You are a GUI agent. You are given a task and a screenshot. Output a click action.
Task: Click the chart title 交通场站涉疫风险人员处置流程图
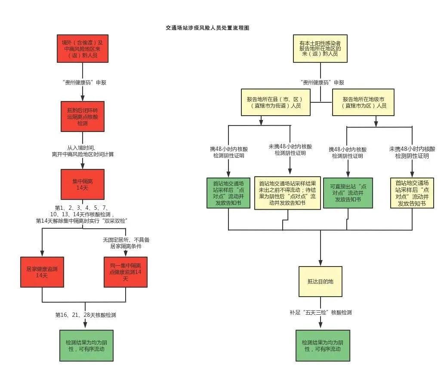(x=207, y=28)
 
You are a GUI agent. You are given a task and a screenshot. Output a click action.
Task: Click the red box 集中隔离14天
(x=82, y=184)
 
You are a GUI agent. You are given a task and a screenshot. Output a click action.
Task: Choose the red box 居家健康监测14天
(x=42, y=272)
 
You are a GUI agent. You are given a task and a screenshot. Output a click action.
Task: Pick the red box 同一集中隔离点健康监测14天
(x=125, y=272)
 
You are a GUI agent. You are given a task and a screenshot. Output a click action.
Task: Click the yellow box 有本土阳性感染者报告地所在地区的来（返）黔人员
(x=321, y=49)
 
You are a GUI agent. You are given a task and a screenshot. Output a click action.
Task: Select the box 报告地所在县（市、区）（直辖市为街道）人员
(x=276, y=102)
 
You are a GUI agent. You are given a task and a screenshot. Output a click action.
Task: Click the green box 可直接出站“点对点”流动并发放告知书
(x=348, y=193)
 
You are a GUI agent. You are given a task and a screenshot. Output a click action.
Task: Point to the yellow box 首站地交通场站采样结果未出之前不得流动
(x=287, y=193)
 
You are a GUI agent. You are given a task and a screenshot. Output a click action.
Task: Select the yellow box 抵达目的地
(x=321, y=281)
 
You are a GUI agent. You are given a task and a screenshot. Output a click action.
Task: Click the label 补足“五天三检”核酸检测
(x=321, y=313)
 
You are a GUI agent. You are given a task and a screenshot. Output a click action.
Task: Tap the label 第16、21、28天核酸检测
(x=86, y=315)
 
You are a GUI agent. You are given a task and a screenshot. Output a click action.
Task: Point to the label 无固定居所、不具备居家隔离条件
(x=126, y=243)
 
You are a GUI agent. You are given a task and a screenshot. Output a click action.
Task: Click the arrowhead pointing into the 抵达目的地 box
(x=321, y=263)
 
